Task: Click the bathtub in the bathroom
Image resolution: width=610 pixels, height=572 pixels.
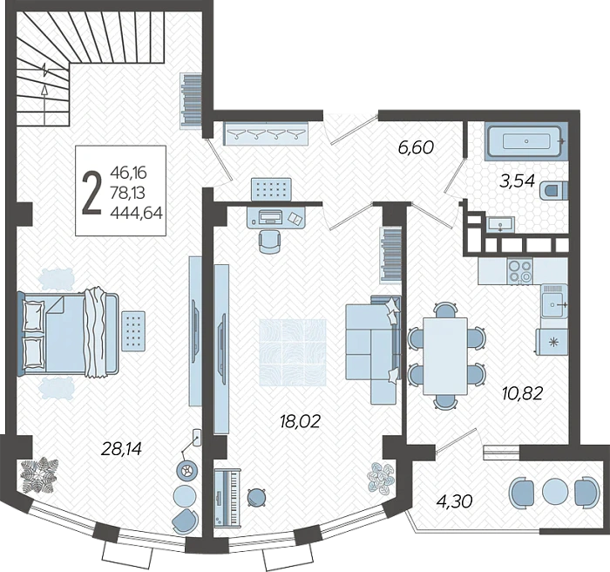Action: tap(526, 141)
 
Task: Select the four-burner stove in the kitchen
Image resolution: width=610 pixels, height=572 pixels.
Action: tap(520, 270)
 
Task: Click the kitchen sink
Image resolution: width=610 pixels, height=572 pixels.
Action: tap(554, 301)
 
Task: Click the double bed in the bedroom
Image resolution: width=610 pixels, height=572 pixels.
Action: tap(68, 335)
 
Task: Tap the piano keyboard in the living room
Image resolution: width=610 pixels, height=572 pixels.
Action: tap(227, 497)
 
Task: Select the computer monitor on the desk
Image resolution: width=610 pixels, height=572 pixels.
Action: tap(270, 215)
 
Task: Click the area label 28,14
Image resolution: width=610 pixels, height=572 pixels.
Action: tap(121, 449)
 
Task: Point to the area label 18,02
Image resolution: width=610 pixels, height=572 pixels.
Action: tap(300, 421)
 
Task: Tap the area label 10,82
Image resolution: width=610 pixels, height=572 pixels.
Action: tap(522, 393)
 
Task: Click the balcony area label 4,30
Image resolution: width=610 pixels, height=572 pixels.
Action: tap(454, 501)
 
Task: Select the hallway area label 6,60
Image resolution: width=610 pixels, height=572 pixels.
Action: tap(416, 147)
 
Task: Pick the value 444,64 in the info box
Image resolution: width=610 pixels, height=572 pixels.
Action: tap(136, 213)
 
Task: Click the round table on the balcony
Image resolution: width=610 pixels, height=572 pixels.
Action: tap(554, 492)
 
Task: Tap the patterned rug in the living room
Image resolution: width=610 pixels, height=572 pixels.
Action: tap(293, 352)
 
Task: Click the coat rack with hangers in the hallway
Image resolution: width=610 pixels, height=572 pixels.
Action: tap(266, 133)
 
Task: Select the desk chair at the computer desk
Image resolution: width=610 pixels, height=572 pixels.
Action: tap(269, 242)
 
